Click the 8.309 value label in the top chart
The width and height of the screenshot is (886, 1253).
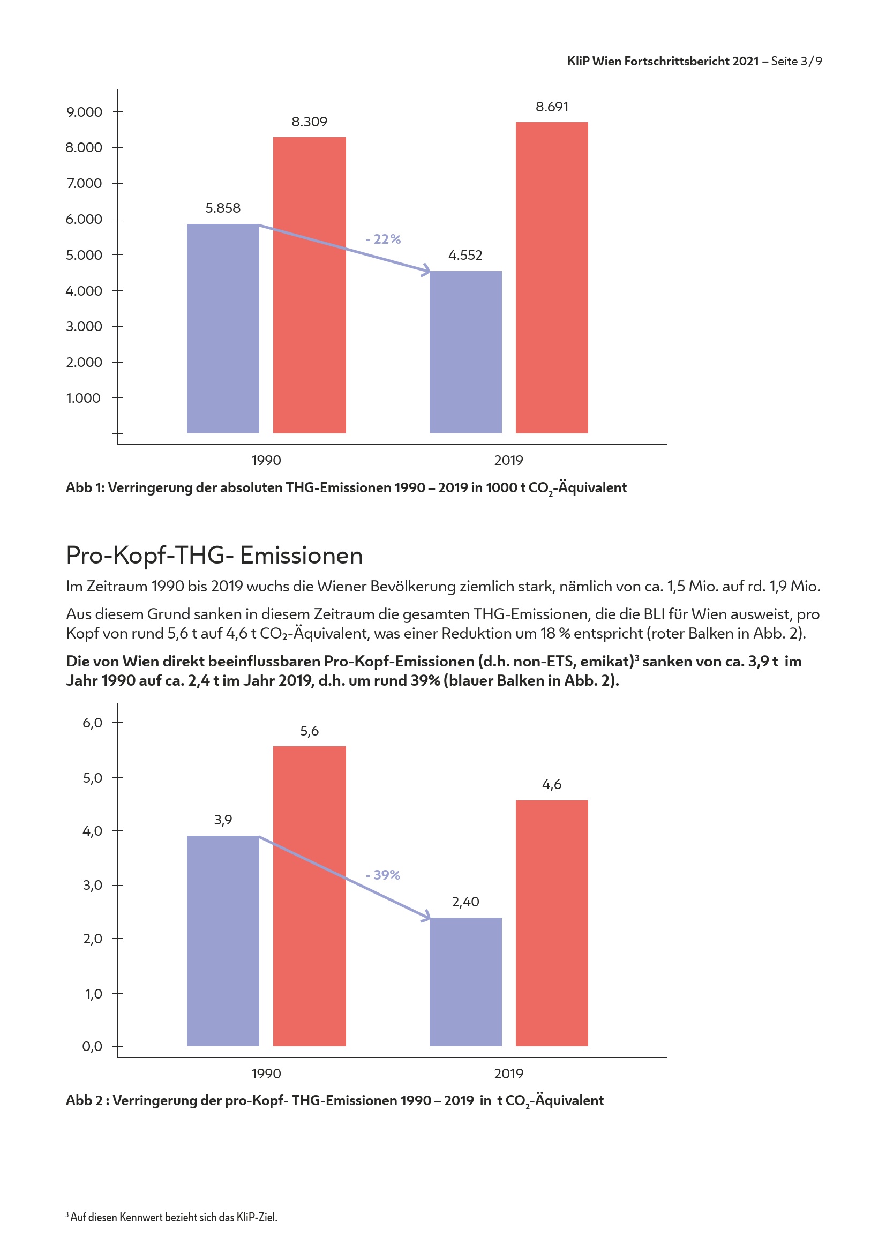[309, 122]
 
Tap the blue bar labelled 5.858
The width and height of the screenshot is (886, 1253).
[223, 328]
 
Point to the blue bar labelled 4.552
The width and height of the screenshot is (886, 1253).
[465, 352]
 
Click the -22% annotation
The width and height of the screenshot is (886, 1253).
[383, 239]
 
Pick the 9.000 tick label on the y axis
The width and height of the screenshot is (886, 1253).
[84, 112]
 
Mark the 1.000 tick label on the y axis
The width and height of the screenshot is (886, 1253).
[84, 398]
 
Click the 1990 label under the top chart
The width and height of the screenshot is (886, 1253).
[266, 460]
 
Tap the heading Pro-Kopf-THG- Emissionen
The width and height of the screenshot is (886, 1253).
[214, 555]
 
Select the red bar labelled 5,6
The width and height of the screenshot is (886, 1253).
[309, 896]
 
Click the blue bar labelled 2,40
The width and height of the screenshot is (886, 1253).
[465, 982]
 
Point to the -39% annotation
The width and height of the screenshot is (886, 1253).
[383, 875]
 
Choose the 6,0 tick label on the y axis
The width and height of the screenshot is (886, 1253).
[92, 723]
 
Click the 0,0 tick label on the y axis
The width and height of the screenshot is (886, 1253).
[92, 1046]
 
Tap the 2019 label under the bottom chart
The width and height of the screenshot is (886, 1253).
[508, 1074]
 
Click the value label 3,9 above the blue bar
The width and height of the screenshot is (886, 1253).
[223, 820]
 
